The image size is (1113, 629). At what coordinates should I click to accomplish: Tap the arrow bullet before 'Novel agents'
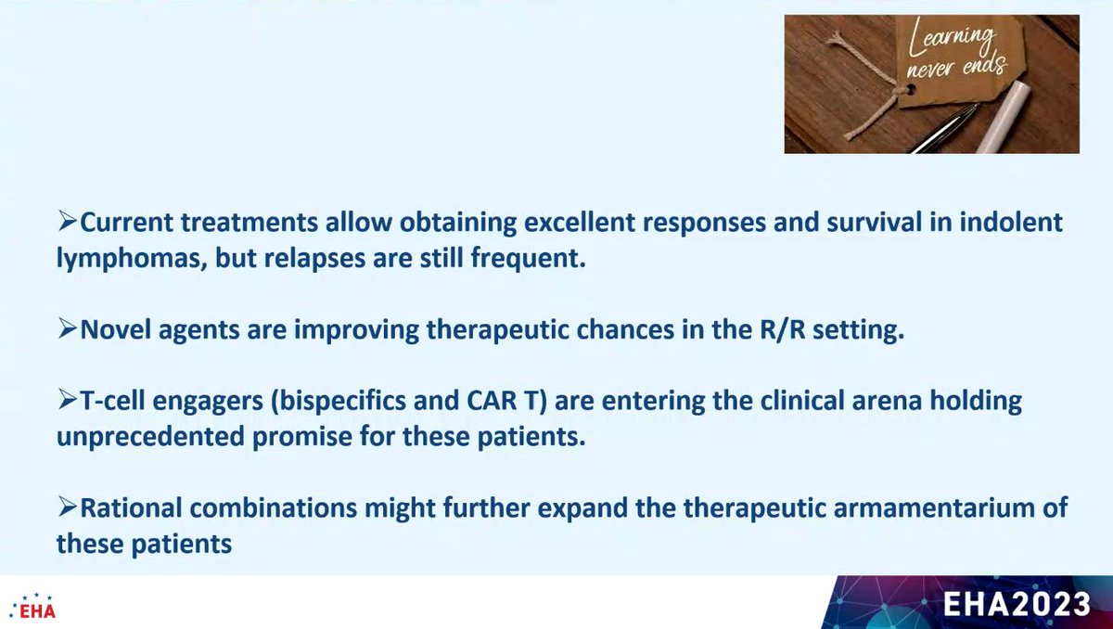(x=67, y=331)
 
